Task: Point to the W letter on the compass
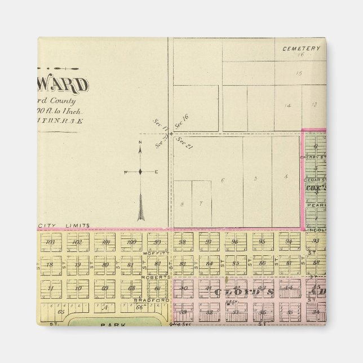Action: coord(126,172)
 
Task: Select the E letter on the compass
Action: coord(156,172)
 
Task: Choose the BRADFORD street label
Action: coord(149,300)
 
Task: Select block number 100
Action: coord(131,242)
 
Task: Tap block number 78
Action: coord(50,264)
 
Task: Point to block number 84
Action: coord(209,264)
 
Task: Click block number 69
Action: coord(105,288)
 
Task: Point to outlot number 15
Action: coord(299,74)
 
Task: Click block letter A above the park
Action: coord(105,308)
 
